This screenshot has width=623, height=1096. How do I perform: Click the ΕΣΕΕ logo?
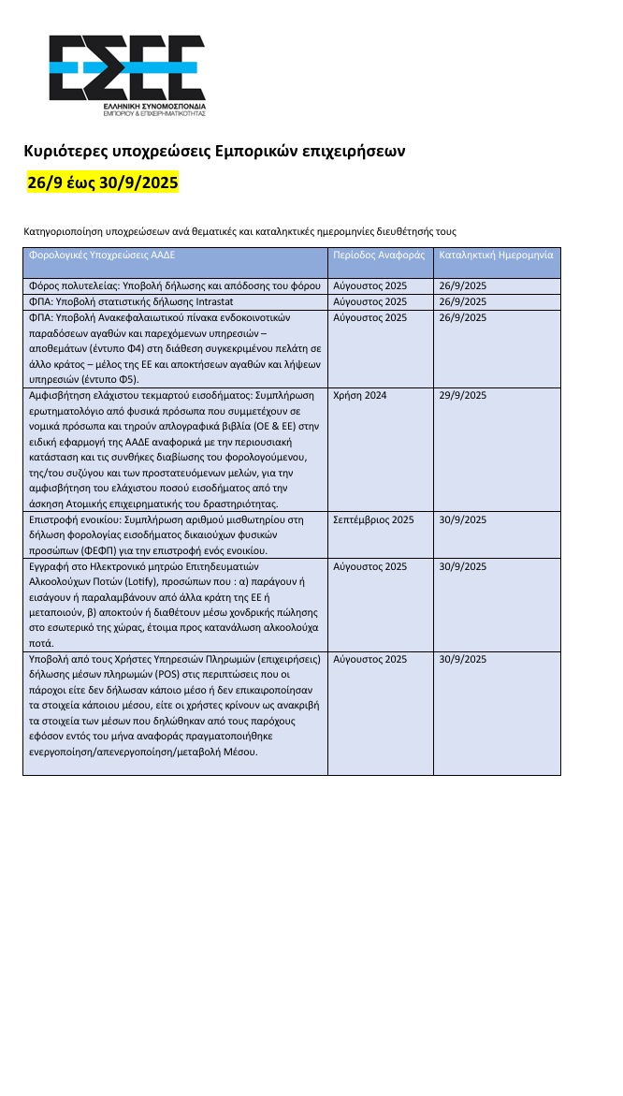[x=127, y=73]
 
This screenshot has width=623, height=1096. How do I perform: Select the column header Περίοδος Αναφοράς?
[x=379, y=255]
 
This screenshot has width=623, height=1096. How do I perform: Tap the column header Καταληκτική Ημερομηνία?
[x=496, y=255]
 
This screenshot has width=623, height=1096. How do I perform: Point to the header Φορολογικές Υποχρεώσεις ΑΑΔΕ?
[x=103, y=255]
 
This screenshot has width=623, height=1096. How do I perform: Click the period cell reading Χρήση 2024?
[x=359, y=396]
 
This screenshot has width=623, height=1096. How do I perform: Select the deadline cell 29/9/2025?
[x=463, y=396]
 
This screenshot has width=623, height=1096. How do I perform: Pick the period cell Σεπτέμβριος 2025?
[x=373, y=519]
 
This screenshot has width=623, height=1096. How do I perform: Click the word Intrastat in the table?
[x=222, y=302]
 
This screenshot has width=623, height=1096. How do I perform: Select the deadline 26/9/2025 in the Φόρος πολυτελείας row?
[x=463, y=285]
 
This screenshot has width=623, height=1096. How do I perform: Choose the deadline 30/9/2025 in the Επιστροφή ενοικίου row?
[x=463, y=519]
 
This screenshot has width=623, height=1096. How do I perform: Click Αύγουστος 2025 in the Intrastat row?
[x=369, y=302]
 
